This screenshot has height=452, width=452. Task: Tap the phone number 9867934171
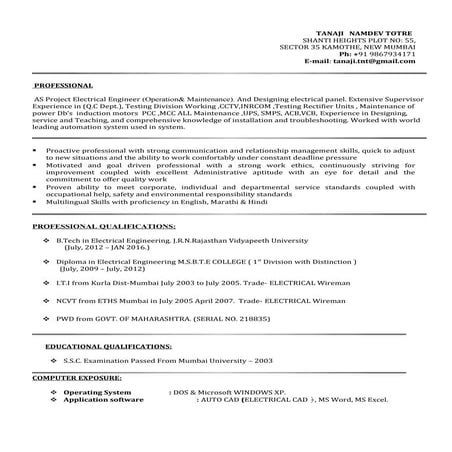click(x=389, y=52)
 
